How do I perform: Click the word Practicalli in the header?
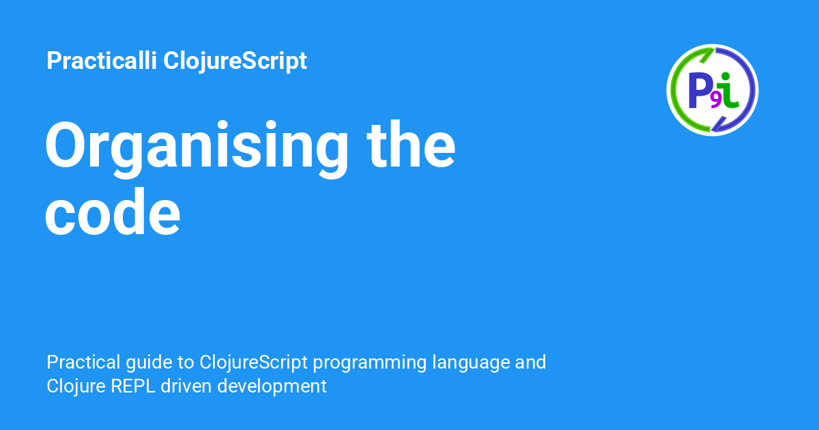(102, 61)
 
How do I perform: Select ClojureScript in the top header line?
(235, 61)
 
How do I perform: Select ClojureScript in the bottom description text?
(252, 362)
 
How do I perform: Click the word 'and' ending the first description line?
(531, 362)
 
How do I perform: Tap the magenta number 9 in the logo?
(715, 100)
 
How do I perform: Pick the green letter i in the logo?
(730, 91)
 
